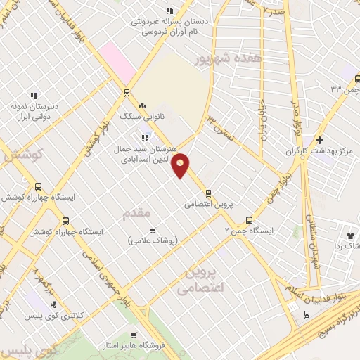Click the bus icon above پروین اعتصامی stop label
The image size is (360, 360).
click(208, 193)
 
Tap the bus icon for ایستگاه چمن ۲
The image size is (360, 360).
click(249, 219)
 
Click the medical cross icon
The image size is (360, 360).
click(319, 140)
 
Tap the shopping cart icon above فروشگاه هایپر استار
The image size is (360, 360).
click(134, 335)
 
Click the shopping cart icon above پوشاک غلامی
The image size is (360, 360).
click(153, 230)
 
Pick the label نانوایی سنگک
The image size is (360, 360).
click(151, 115)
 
